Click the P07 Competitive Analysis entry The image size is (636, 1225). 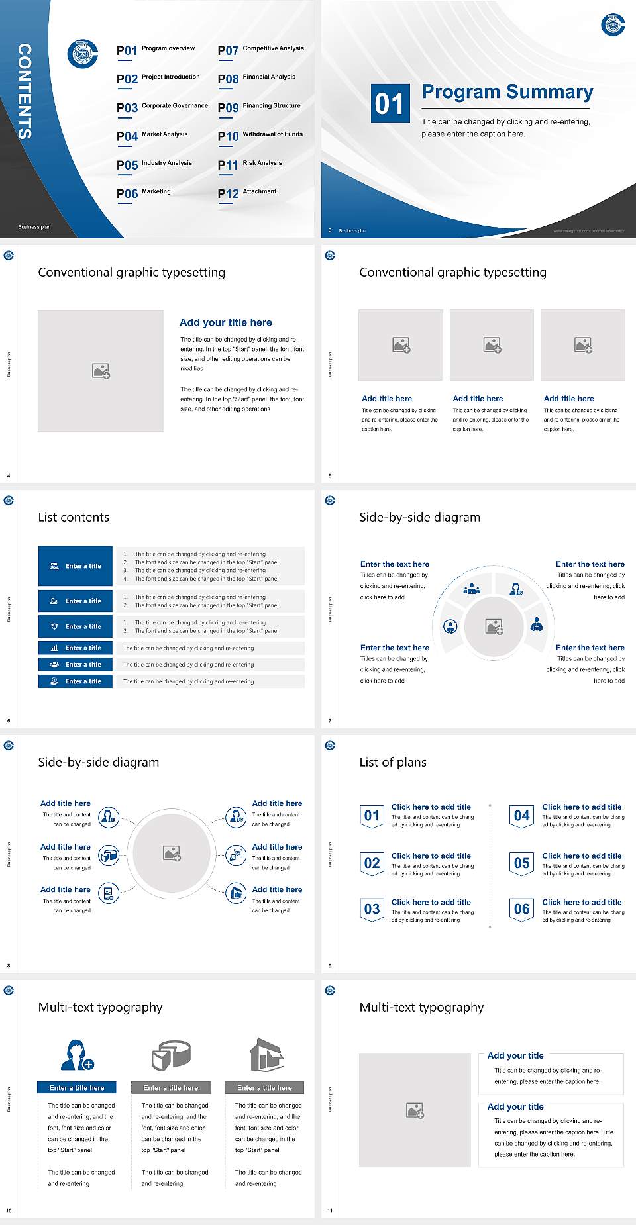click(260, 50)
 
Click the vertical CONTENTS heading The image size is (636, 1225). click(24, 91)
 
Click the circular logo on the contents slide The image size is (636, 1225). click(83, 54)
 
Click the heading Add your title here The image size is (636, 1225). click(225, 322)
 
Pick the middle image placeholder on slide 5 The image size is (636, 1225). click(492, 344)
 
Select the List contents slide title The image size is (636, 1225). click(74, 517)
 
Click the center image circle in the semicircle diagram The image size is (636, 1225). click(494, 626)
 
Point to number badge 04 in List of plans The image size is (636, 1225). click(522, 816)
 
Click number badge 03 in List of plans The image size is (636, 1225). click(372, 909)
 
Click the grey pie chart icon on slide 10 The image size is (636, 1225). click(171, 1055)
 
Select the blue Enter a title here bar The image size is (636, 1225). click(76, 1087)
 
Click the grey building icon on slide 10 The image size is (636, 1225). click(266, 1055)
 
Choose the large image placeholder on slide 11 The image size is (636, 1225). click(415, 1110)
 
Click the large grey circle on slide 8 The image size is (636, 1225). click(172, 852)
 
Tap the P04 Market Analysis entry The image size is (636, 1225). click(152, 136)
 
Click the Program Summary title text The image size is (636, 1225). click(507, 92)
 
